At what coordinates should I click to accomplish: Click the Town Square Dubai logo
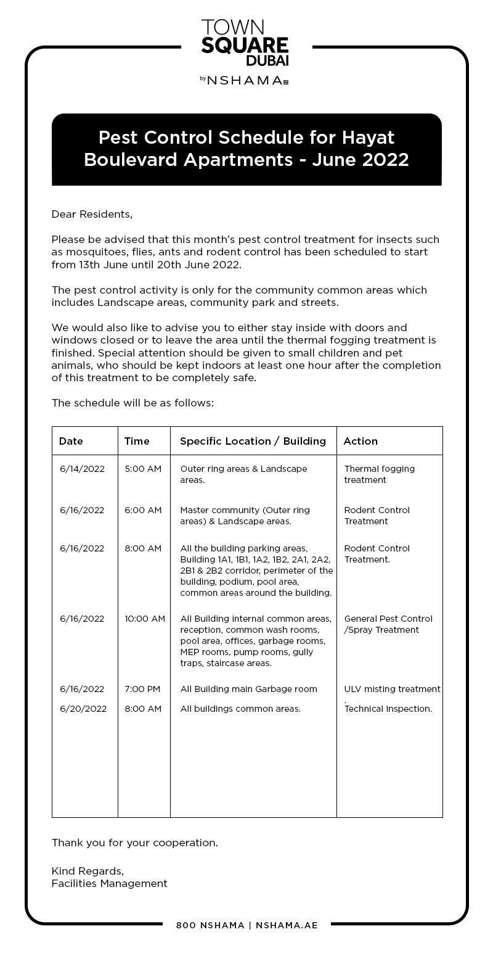click(245, 43)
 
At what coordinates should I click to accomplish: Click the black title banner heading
click(246, 149)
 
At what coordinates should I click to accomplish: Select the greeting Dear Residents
click(92, 215)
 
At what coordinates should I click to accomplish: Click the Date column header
click(71, 441)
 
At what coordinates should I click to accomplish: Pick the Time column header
click(137, 441)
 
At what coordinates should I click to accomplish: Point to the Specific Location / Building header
click(253, 441)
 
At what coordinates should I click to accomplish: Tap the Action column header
click(361, 441)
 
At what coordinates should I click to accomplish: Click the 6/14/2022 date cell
click(82, 469)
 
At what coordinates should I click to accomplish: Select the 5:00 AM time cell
click(143, 469)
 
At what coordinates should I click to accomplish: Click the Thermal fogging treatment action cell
click(379, 474)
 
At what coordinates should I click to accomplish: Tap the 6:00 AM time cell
click(143, 510)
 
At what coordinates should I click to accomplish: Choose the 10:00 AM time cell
click(145, 619)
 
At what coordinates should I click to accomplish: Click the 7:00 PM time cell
click(142, 689)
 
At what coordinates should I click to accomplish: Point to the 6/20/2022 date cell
click(83, 709)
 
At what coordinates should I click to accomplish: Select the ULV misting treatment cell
click(392, 689)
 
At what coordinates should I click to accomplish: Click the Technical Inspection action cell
click(388, 709)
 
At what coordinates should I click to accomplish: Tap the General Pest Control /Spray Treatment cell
click(388, 624)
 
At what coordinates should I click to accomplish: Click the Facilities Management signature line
click(110, 884)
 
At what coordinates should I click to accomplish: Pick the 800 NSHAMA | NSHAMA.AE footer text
click(246, 925)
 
